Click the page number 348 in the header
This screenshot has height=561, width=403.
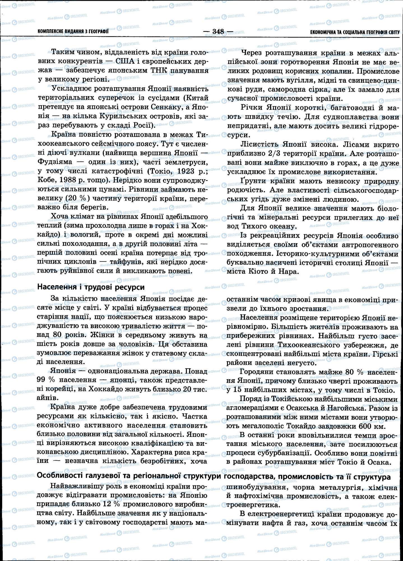click(218, 31)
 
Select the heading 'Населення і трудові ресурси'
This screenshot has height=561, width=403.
click(91, 287)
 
